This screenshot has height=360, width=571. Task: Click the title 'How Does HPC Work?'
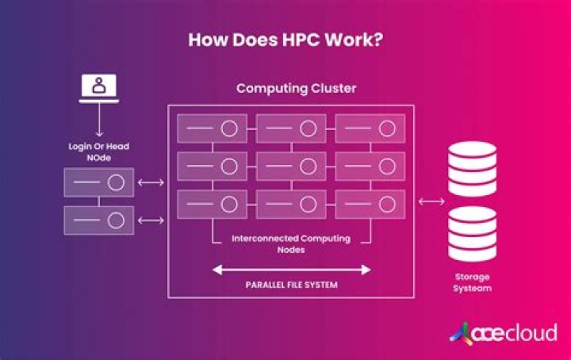pyautogui.click(x=285, y=40)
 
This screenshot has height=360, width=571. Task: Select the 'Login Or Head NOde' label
pyautogui.click(x=98, y=153)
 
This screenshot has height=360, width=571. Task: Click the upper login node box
pyautogui.click(x=98, y=183)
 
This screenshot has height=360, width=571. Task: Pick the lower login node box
pyautogui.click(x=98, y=220)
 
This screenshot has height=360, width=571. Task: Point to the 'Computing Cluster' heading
pyautogui.click(x=289, y=88)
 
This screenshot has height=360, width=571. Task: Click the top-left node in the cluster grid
pyautogui.click(x=212, y=128)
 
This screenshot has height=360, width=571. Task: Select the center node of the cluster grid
pyautogui.click(x=290, y=166)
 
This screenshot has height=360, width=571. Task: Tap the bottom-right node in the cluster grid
pyautogui.click(x=370, y=205)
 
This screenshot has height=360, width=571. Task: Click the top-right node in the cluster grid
pyautogui.click(x=370, y=128)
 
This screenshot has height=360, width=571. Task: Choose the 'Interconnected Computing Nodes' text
pyautogui.click(x=290, y=243)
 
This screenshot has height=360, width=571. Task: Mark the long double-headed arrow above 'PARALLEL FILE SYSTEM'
pyautogui.click(x=290, y=270)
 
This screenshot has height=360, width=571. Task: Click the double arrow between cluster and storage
pyautogui.click(x=431, y=201)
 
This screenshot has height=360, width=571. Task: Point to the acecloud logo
pyautogui.click(x=504, y=332)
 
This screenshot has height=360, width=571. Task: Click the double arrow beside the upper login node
pyautogui.click(x=151, y=183)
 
